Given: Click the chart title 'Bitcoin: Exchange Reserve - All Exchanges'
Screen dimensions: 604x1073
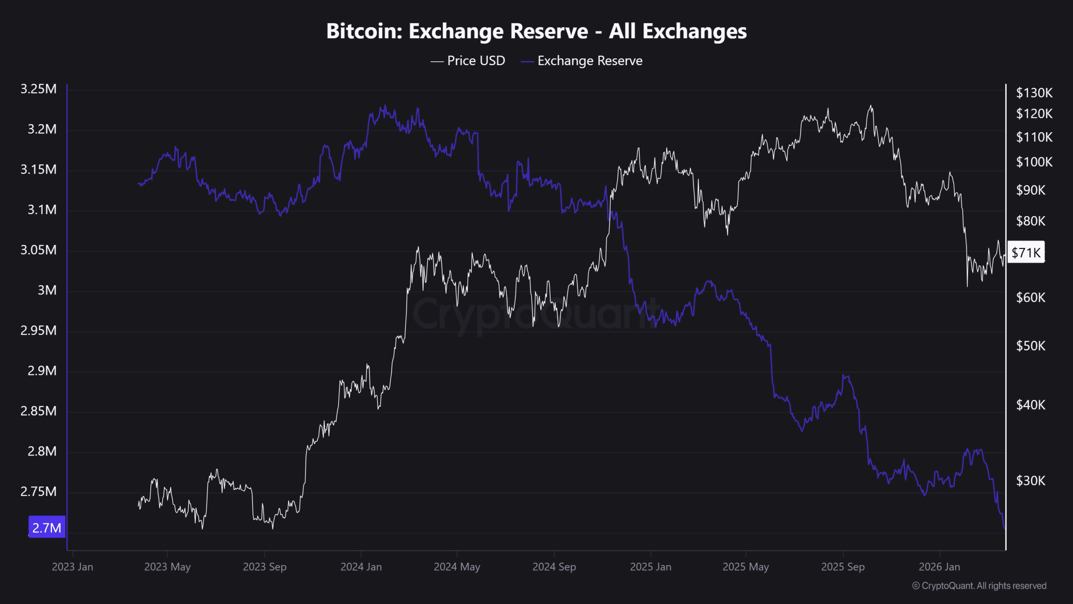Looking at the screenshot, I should click(x=536, y=31).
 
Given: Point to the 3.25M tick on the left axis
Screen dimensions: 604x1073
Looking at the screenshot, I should click(x=39, y=89).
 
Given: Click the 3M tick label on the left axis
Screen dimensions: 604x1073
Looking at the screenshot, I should click(x=47, y=290).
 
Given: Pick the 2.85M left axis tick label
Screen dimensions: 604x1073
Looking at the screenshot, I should click(x=39, y=411).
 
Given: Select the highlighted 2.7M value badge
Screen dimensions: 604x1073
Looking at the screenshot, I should click(x=47, y=527).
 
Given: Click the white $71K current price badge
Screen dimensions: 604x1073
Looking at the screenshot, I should click(x=1026, y=253).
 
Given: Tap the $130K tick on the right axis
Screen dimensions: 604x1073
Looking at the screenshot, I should click(x=1034, y=93).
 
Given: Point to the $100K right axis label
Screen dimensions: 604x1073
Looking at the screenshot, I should click(x=1034, y=162).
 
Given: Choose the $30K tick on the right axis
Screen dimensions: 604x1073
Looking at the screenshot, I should click(x=1031, y=481).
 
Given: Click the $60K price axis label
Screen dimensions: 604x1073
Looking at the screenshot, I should click(x=1031, y=298).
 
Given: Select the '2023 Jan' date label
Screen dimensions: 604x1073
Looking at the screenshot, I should click(x=73, y=567).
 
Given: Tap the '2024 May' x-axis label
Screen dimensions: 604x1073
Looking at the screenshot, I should click(x=457, y=567).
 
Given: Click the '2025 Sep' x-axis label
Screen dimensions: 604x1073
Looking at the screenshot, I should click(x=843, y=567).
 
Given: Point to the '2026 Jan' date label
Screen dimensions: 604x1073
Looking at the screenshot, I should click(x=939, y=567).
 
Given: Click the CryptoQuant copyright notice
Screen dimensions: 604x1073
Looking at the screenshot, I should click(x=979, y=586).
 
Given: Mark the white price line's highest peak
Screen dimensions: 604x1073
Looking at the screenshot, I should click(x=871, y=106).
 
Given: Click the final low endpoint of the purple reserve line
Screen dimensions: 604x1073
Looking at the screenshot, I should click(x=1004, y=528).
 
